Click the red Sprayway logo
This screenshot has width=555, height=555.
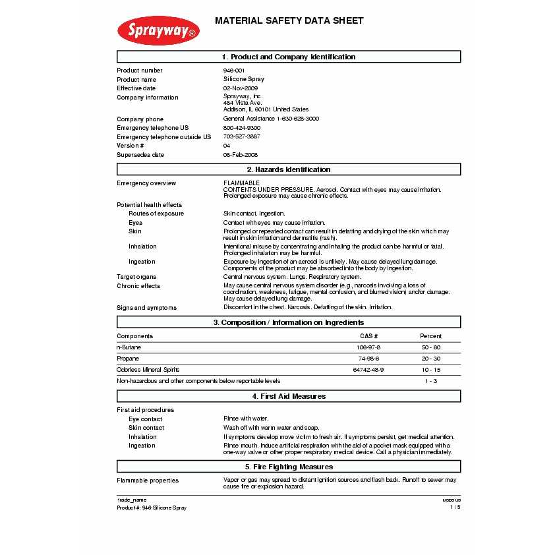click(158, 31)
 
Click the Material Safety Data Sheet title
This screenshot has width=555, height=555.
click(289, 21)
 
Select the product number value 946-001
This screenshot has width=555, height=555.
click(234, 71)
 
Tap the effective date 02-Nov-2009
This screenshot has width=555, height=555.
click(240, 88)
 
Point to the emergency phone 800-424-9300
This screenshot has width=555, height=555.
click(241, 128)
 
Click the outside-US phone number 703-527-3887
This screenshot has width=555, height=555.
click(241, 136)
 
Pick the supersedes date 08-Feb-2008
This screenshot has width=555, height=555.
click(240, 155)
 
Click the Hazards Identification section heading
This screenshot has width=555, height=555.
click(289, 170)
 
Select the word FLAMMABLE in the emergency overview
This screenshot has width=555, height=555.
click(241, 183)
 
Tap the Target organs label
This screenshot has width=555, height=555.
click(136, 277)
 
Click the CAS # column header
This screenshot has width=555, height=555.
click(368, 336)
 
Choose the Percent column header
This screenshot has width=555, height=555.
click(430, 336)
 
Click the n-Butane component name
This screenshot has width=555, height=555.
click(129, 347)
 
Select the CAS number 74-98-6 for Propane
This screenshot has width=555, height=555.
click(368, 359)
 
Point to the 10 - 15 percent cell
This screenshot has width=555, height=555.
click(430, 370)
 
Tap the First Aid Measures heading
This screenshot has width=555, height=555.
click(289, 396)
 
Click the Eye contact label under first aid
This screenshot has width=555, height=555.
click(145, 419)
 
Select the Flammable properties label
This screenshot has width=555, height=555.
click(148, 481)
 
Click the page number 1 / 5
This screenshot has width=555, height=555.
click(455, 508)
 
